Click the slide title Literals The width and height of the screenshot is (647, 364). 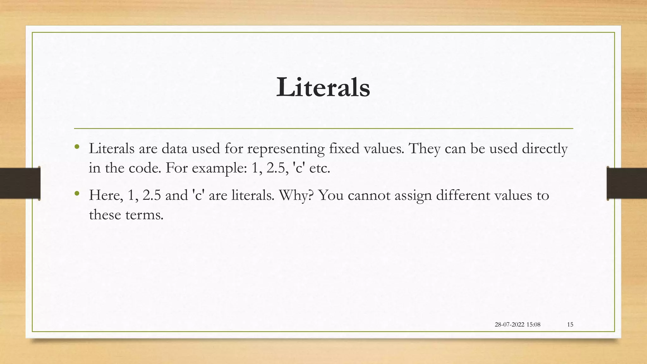coord(323,88)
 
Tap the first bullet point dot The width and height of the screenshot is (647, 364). coord(77,146)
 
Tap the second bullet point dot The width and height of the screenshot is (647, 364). coord(77,193)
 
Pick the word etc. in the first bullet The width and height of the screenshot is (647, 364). coord(320,168)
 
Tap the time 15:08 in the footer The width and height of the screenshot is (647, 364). coord(533,325)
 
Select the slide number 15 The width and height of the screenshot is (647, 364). coord(570,325)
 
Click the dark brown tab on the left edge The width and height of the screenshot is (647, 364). coord(20,183)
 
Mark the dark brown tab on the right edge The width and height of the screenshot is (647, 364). coord(627,183)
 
